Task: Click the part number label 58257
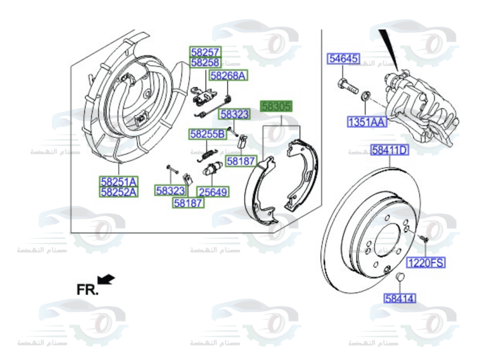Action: point(205,52)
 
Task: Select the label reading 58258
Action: point(205,62)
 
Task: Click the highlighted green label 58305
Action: point(276,107)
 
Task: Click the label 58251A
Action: point(119,182)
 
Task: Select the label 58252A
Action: point(119,192)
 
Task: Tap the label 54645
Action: point(343,59)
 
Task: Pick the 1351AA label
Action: point(367,122)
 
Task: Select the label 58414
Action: point(400,299)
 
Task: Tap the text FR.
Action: point(87,289)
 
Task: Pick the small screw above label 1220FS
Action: point(423,238)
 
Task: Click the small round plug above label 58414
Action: point(399,277)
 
